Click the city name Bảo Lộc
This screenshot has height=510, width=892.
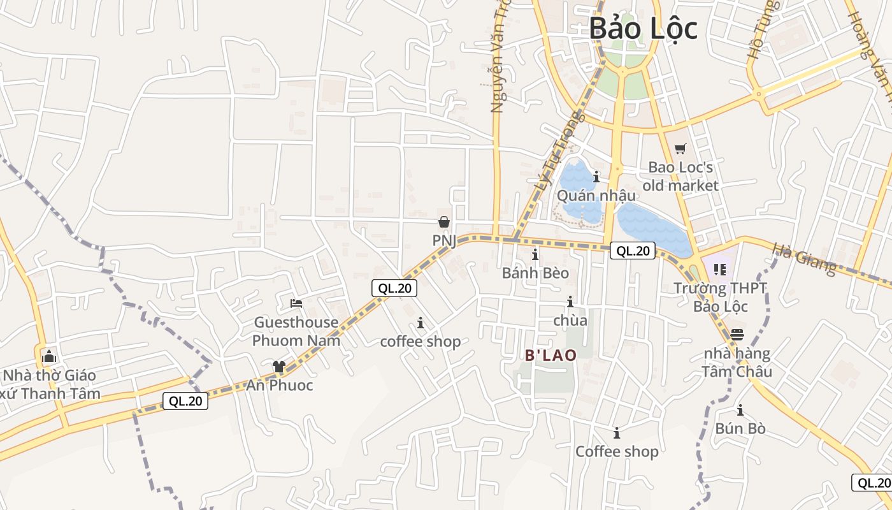pos(643,29)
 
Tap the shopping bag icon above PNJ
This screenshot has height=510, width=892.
pos(444,222)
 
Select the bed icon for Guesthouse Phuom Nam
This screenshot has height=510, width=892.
pos(296,303)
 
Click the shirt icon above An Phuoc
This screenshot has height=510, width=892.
pos(279,366)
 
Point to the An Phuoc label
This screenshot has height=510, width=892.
pos(280,385)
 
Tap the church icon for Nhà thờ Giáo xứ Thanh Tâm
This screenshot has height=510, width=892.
pos(49,356)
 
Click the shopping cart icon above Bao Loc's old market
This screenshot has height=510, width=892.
pos(680,149)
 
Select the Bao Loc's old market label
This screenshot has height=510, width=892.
pos(680,177)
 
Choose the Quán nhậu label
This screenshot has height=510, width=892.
pos(596,195)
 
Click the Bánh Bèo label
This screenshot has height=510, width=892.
pos(535,273)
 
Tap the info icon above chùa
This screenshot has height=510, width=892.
pos(570,302)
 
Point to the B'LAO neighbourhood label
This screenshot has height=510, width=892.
pos(550,356)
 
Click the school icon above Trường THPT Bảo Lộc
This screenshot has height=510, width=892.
pos(720,270)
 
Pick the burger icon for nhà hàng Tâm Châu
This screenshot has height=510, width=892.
pos(737,334)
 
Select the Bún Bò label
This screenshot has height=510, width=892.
pos(740,428)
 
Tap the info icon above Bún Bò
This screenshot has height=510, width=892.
pos(740,410)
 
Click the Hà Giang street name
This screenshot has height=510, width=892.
pos(804,259)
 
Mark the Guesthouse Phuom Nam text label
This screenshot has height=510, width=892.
pos(296,331)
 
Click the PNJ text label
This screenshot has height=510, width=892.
pos(444,241)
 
